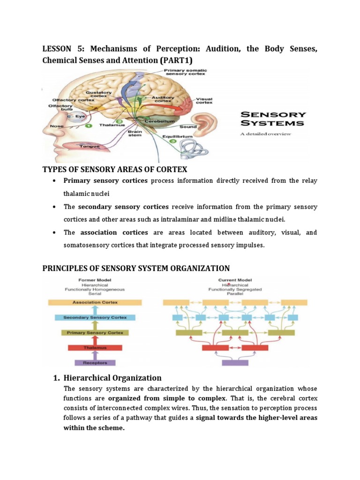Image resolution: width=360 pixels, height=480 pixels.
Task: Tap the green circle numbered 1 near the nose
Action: pyautogui.click(x=88, y=126)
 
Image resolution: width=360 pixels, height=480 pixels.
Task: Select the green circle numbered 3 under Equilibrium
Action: pyautogui.click(x=173, y=141)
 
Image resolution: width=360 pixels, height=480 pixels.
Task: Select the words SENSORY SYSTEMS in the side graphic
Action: pyautogui.click(x=272, y=119)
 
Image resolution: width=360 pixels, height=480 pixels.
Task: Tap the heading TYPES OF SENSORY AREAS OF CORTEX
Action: pyautogui.click(x=115, y=169)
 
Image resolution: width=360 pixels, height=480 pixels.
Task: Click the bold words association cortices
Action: pyautogui.click(x=114, y=232)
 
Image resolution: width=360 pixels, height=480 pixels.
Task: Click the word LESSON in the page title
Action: pyautogui.click(x=56, y=49)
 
